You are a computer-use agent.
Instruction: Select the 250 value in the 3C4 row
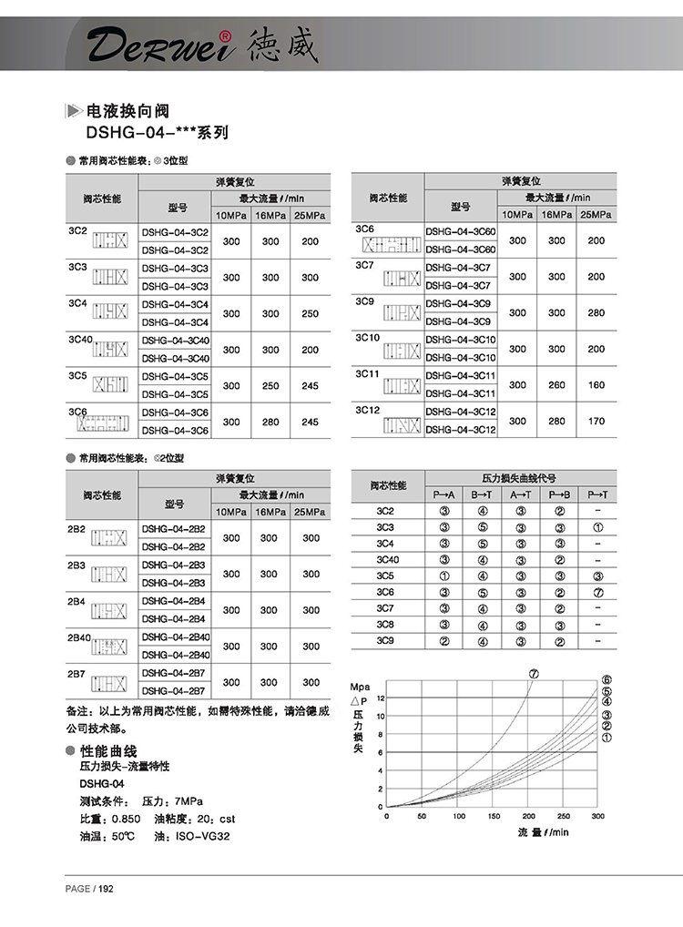[x=310, y=313]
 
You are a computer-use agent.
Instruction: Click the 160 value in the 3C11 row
[x=596, y=385]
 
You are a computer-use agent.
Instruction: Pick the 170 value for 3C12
[x=596, y=421]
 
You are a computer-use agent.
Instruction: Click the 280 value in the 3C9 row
[x=596, y=313]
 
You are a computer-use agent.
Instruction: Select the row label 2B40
[x=80, y=637]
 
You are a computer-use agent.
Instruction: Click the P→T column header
[x=596, y=494]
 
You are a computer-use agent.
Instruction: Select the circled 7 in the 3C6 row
[x=597, y=592]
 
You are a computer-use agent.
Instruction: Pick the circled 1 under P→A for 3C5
[x=444, y=576]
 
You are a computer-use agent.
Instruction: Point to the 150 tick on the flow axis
[x=494, y=817]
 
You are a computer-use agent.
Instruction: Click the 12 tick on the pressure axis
[x=381, y=698]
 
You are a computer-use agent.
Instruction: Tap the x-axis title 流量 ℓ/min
[x=543, y=832]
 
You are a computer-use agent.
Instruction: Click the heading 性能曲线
[x=108, y=751]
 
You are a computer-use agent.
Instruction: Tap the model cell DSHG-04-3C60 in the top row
[x=461, y=232]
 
